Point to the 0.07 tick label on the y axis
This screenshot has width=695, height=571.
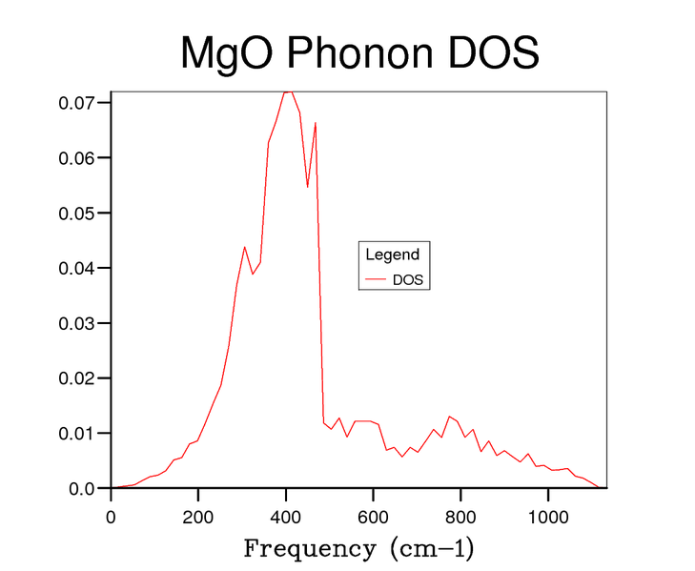pos(83,102)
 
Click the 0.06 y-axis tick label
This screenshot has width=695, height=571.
pos(83,157)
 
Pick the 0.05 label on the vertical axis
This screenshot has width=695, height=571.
pos(83,213)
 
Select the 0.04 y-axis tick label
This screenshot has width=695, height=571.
pos(83,268)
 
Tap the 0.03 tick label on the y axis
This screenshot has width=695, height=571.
pos(83,323)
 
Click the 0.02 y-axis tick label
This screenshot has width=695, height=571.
pos(83,378)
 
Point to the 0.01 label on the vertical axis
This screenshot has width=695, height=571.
pos(83,434)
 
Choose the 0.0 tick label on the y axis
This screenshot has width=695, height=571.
pos(87,489)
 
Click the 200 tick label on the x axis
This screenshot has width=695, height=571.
pos(198,518)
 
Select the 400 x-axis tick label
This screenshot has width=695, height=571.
pos(286,518)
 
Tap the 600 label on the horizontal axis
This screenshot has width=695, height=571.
pos(374,518)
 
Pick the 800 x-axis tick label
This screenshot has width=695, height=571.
pos(460,518)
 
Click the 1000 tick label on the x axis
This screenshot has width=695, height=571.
pos(548,518)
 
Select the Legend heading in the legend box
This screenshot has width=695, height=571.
pos(392,255)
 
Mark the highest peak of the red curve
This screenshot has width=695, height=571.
pos(288,92)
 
